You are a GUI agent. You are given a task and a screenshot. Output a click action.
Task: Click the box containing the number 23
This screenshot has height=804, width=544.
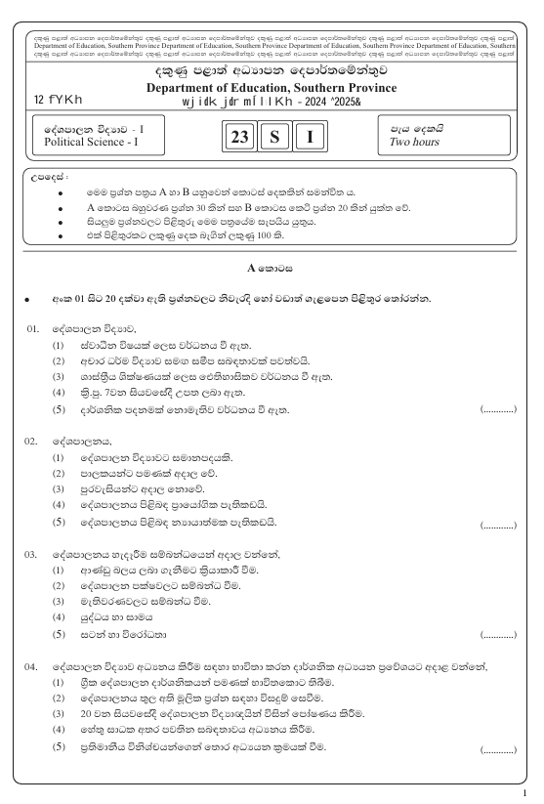(x=239, y=138)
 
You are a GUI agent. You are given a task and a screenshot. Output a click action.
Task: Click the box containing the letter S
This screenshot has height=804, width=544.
(x=274, y=138)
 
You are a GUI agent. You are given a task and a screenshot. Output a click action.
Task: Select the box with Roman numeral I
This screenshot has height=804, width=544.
(x=310, y=138)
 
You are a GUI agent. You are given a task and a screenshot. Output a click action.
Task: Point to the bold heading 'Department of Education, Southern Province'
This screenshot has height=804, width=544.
(x=272, y=87)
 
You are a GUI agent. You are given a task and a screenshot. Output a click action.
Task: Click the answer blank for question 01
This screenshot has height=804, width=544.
(x=497, y=410)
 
